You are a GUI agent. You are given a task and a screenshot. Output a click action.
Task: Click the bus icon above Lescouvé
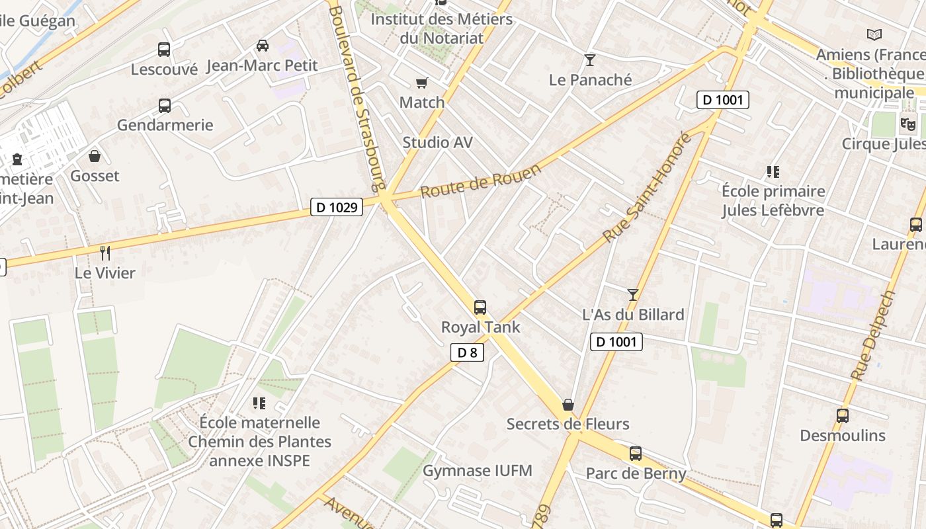coord(164,50)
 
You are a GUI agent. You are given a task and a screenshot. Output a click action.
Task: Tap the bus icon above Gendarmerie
coord(164,106)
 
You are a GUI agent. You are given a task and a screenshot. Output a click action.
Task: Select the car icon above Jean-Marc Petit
coord(263,46)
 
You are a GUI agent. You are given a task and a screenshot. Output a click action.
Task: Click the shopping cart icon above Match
coord(421,83)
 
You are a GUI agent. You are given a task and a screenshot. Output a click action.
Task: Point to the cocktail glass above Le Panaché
coord(590,60)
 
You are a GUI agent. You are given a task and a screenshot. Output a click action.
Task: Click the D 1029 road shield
coord(337,208)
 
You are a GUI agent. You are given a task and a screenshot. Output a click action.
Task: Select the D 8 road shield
coord(467,352)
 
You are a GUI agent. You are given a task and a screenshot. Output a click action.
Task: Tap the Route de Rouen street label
coord(481,181)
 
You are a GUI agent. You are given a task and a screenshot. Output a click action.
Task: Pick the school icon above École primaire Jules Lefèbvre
coord(773,172)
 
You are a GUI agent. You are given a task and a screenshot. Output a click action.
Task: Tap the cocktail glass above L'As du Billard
coord(633,295)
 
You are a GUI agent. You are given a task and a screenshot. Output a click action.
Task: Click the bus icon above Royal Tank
coord(480,307)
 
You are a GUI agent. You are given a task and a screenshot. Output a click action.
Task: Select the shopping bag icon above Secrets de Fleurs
coord(568,405)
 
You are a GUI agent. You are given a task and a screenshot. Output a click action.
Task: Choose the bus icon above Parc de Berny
coord(636,454)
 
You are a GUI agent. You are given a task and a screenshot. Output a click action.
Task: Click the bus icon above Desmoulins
coord(843,416)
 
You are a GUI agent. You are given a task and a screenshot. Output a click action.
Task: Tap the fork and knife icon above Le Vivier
coord(105,253)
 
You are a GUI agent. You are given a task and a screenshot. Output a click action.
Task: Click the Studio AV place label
coord(438,143)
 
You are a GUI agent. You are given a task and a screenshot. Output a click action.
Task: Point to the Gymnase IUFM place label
coord(478,471)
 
